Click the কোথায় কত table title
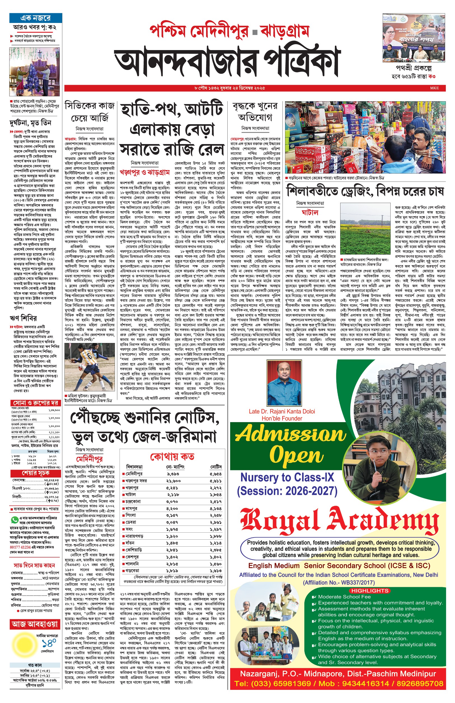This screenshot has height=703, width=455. click(x=172, y=457)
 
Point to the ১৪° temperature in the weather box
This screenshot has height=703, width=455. click(x=49, y=643)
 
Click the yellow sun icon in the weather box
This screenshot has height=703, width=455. click(x=23, y=645)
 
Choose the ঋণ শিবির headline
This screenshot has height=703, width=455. click(x=24, y=318)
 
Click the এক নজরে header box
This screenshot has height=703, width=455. click(x=36, y=18)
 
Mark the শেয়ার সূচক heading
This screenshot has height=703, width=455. click(x=36, y=473)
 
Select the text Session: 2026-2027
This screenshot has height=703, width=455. click(x=287, y=491)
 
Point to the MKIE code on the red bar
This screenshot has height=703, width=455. click(x=434, y=88)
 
